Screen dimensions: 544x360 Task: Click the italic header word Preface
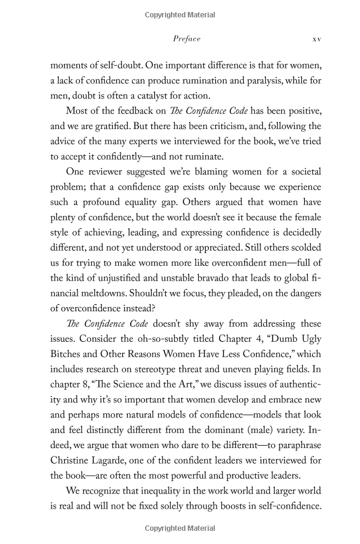tap(186, 39)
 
